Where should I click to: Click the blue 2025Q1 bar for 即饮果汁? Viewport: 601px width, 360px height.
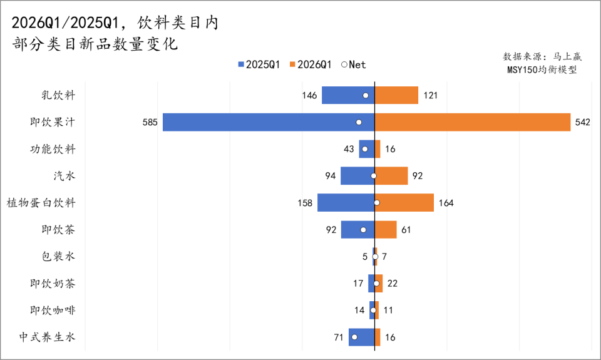(269, 122)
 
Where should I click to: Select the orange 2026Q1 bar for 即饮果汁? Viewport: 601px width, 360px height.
(473, 122)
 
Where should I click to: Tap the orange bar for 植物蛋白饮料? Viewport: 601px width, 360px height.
(404, 203)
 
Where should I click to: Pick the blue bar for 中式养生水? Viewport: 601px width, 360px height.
(361, 337)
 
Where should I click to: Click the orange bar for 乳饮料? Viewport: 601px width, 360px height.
(396, 95)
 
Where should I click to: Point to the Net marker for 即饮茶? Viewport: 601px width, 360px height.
(364, 230)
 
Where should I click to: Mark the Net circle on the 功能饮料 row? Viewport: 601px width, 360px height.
(365, 149)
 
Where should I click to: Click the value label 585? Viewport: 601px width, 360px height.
(150, 122)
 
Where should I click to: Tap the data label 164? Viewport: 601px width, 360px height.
(446, 203)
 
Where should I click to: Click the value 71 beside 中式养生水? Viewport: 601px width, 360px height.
(339, 337)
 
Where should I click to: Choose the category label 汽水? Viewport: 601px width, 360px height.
(64, 176)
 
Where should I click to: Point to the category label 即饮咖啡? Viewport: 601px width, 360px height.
(53, 311)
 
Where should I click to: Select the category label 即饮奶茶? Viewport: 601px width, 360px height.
(53, 284)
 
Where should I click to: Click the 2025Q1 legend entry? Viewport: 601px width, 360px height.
(259, 64)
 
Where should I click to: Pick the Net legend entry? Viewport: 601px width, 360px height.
(354, 64)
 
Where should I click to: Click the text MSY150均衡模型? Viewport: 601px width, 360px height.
(542, 69)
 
